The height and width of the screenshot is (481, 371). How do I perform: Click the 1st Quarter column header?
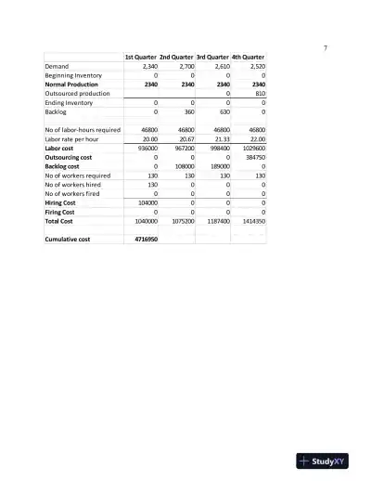[141, 58]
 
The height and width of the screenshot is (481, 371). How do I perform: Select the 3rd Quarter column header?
[211, 58]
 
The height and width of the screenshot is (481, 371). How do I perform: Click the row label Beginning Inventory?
[76, 76]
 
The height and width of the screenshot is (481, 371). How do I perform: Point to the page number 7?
[325, 47]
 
